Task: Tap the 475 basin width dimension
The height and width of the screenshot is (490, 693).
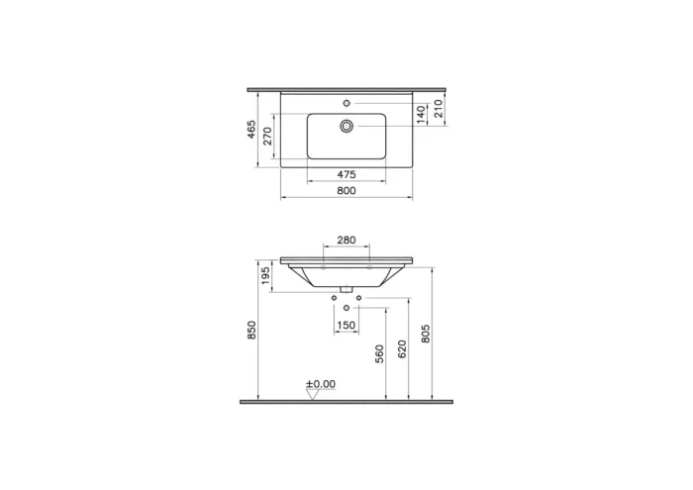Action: pyautogui.click(x=346, y=174)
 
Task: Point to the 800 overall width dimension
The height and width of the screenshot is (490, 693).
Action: pyautogui.click(x=346, y=190)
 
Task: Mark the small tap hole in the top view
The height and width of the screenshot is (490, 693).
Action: pyautogui.click(x=346, y=103)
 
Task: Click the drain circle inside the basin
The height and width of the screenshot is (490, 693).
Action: pyautogui.click(x=346, y=126)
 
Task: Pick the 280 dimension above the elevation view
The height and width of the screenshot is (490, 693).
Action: pyautogui.click(x=346, y=241)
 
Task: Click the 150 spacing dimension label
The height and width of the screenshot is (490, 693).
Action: pyautogui.click(x=346, y=325)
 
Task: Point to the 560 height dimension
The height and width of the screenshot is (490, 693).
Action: pyautogui.click(x=379, y=353)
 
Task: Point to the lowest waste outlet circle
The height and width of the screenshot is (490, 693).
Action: pyautogui.click(x=346, y=308)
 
